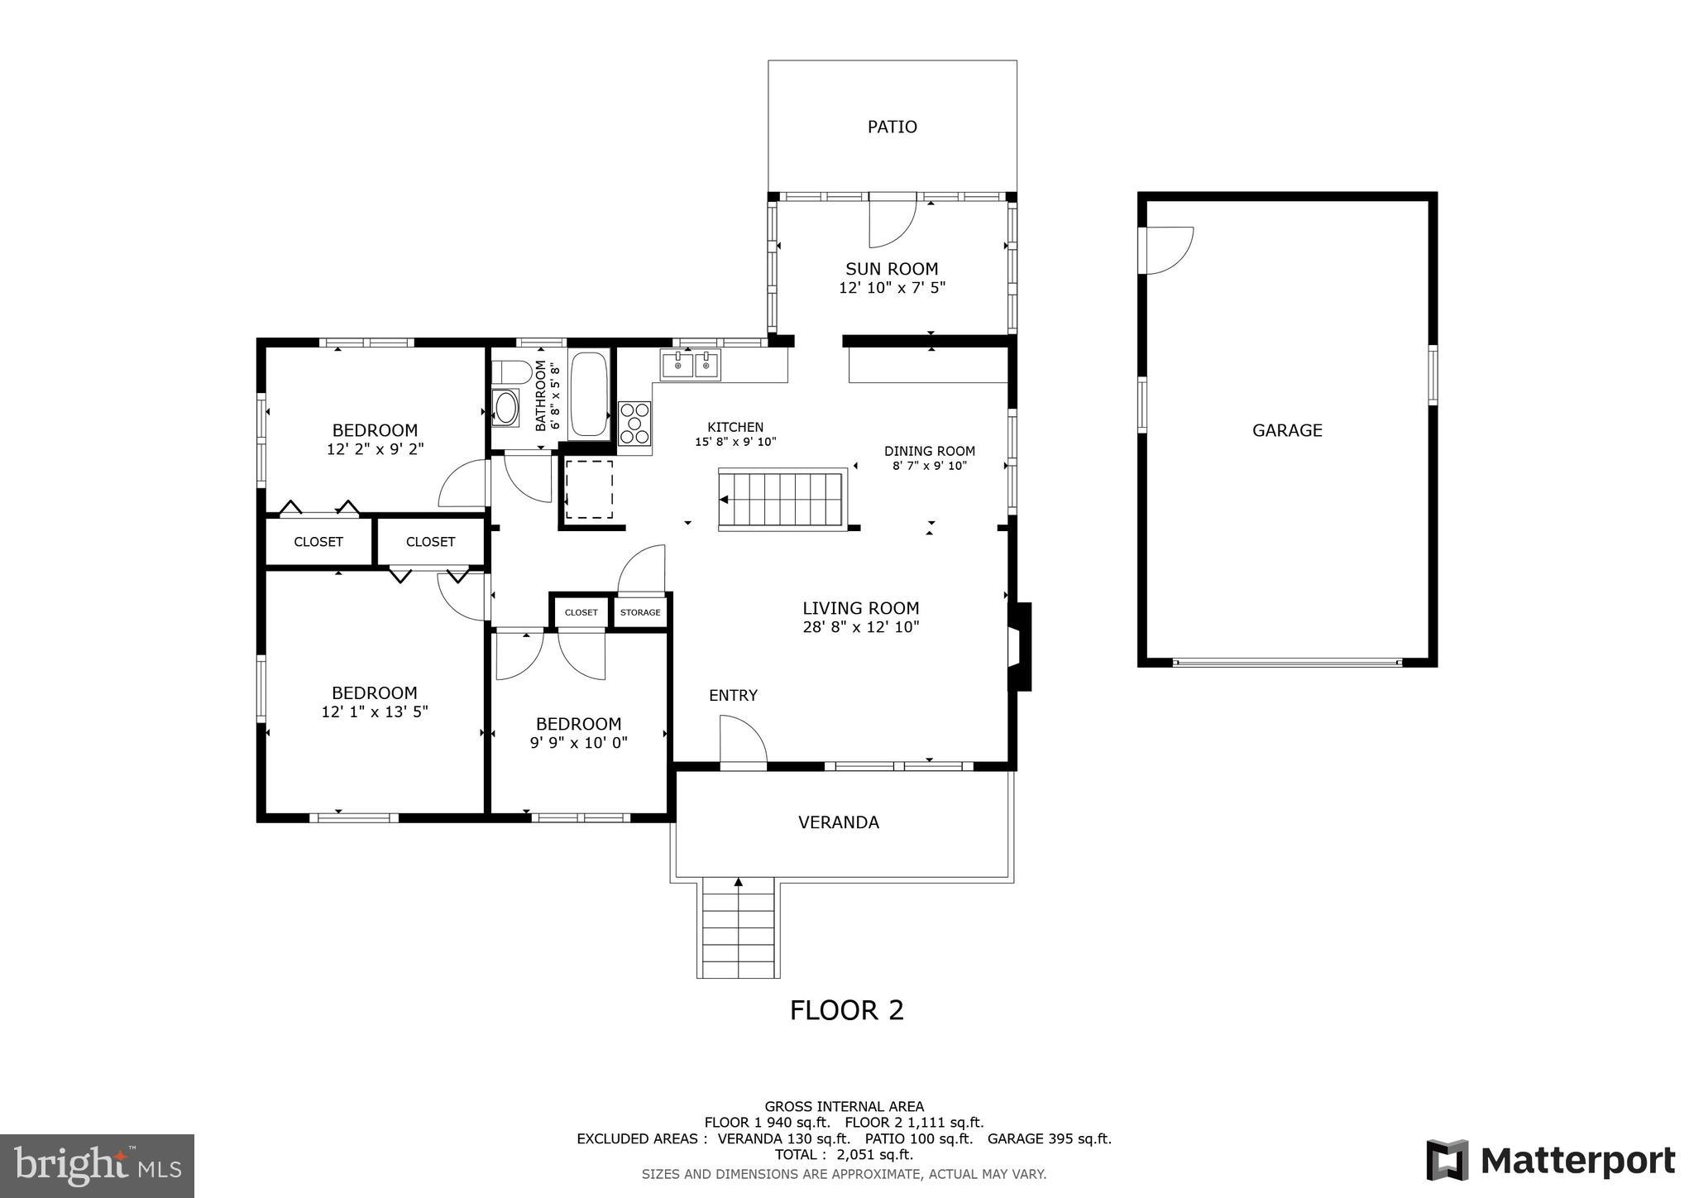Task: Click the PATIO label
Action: coord(892,127)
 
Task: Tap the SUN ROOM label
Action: coord(892,269)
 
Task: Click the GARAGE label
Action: coord(1287,430)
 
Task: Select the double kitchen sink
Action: coord(690,364)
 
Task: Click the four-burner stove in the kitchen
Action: coord(634,424)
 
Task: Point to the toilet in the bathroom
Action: coord(510,372)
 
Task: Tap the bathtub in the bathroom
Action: coord(589,394)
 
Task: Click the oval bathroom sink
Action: coord(505,408)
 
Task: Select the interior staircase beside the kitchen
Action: coord(782,499)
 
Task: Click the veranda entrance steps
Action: coord(738,930)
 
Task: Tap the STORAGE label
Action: coord(640,612)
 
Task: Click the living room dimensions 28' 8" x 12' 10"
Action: coord(860,627)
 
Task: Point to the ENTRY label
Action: coord(733,696)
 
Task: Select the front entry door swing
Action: coord(743,741)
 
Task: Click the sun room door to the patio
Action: coord(892,221)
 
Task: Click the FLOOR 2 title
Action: coord(846,1010)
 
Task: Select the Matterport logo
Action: coord(1550,1160)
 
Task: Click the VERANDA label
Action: coord(838,822)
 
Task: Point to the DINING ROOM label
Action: coord(929,451)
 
